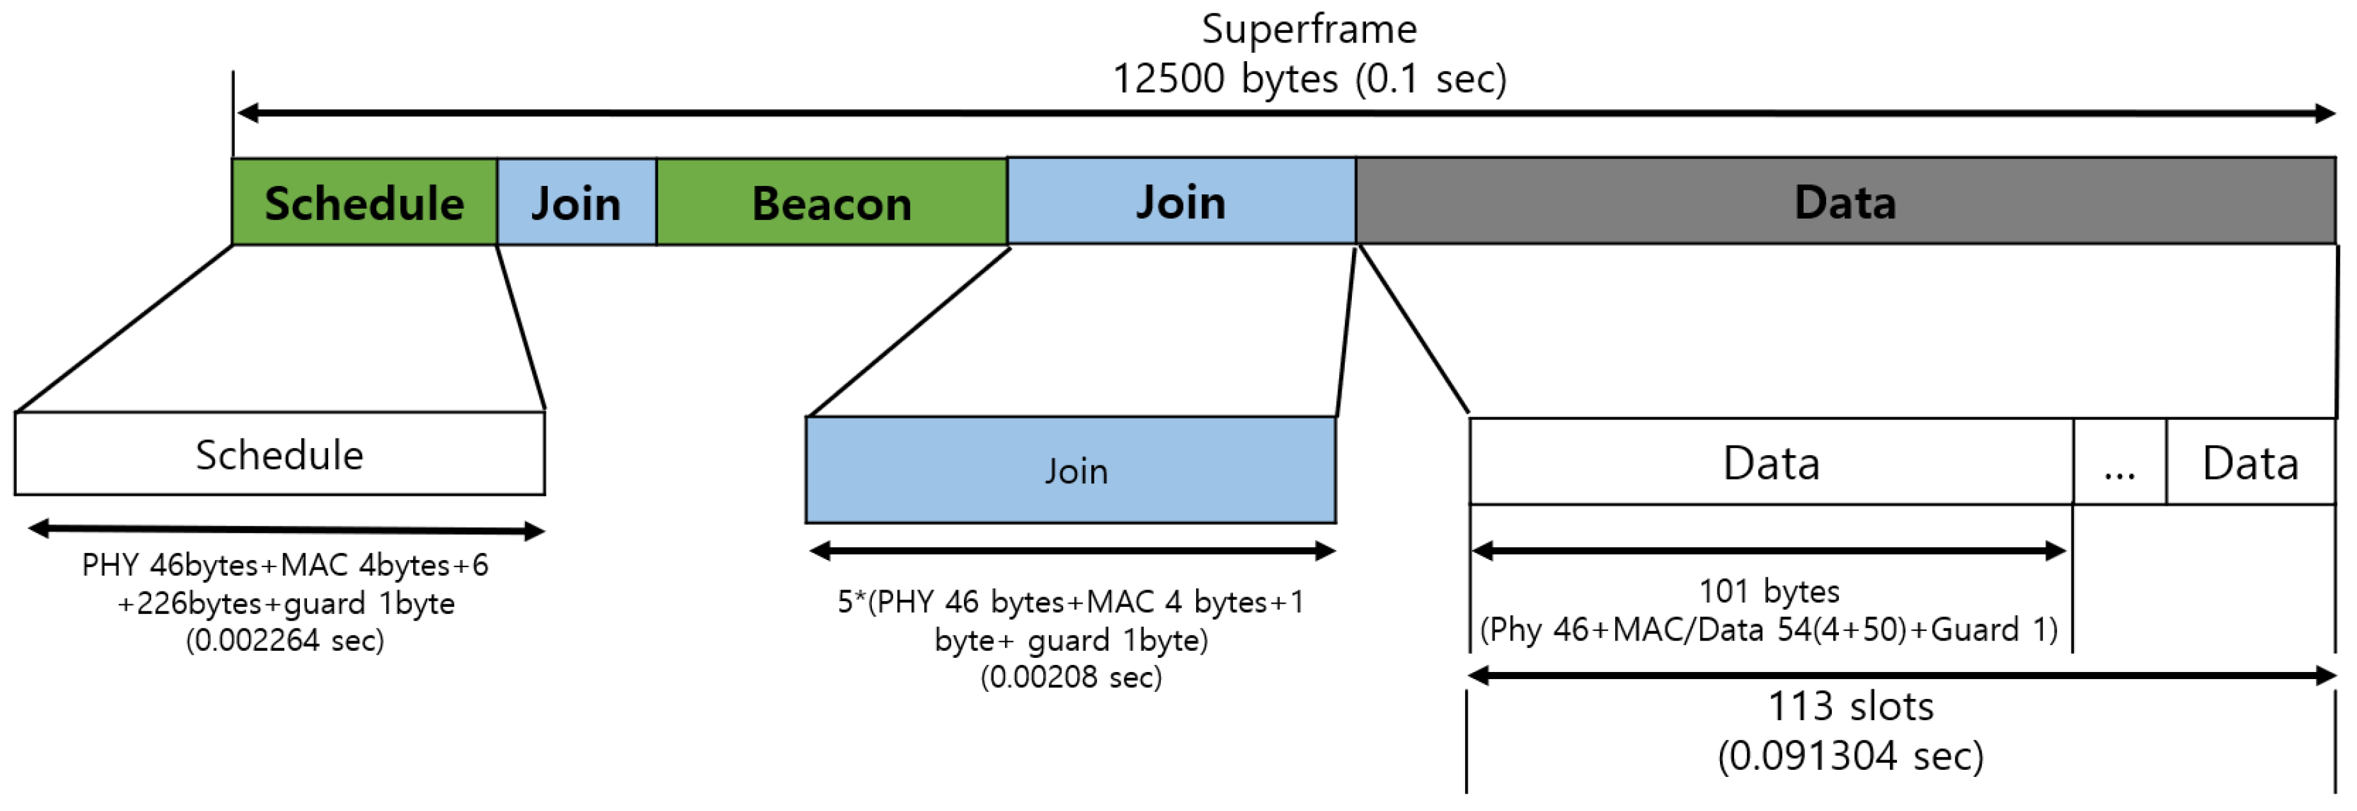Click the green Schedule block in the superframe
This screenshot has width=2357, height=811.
tap(364, 202)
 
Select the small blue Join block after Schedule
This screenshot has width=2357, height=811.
tap(577, 202)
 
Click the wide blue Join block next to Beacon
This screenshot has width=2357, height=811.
tap(1180, 201)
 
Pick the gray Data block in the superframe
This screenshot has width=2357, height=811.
tap(1845, 201)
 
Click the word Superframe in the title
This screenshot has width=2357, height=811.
tap(1308, 30)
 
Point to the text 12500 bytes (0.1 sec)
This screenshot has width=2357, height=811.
tap(1308, 79)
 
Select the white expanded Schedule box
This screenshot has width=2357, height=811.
tap(279, 454)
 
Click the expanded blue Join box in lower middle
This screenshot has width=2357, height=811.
tap(1071, 471)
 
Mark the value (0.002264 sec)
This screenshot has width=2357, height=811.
tap(284, 640)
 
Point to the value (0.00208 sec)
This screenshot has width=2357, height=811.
tap(1071, 677)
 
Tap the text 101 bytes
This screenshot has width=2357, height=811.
tap(1769, 592)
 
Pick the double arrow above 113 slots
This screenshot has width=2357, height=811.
tap(1901, 676)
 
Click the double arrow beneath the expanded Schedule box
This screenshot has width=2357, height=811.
tap(286, 529)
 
